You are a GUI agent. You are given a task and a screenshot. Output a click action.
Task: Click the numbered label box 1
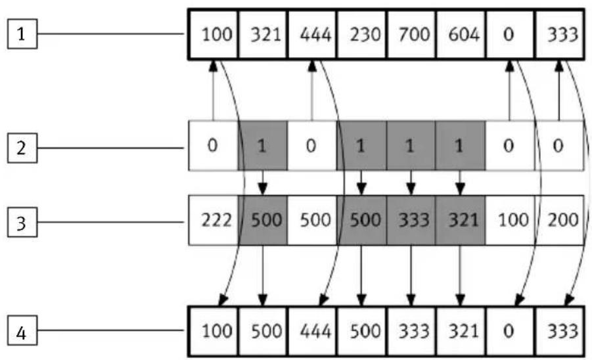[22, 34]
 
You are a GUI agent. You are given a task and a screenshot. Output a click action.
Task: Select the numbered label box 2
[22, 148]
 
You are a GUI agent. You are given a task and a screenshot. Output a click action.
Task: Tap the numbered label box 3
[22, 222]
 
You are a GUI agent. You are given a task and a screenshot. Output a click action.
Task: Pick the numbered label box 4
[22, 331]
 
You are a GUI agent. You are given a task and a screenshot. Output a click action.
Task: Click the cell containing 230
[361, 34]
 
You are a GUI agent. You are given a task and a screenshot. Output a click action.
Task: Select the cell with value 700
[411, 34]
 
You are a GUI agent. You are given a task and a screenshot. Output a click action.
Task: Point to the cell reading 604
[461, 34]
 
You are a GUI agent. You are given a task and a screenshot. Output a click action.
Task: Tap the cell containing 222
[214, 220]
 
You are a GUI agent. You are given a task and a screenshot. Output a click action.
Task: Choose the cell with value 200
[560, 220]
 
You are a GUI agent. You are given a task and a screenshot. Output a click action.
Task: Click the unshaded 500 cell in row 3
[312, 220]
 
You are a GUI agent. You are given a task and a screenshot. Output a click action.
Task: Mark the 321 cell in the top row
[263, 34]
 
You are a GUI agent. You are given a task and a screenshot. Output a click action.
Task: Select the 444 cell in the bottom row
[312, 331]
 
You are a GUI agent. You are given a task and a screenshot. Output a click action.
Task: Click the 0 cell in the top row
[511, 34]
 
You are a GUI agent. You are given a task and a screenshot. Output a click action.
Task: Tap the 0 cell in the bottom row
[511, 331]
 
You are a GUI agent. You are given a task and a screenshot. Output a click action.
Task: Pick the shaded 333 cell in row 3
[411, 220]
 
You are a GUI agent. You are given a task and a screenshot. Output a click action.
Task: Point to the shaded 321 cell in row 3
[460, 220]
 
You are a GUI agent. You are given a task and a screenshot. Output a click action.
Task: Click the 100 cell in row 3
[510, 220]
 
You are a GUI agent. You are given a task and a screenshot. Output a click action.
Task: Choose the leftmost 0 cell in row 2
[214, 146]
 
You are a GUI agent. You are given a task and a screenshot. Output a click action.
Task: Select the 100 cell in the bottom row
[214, 331]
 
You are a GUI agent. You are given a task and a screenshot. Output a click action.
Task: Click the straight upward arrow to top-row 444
[312, 91]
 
